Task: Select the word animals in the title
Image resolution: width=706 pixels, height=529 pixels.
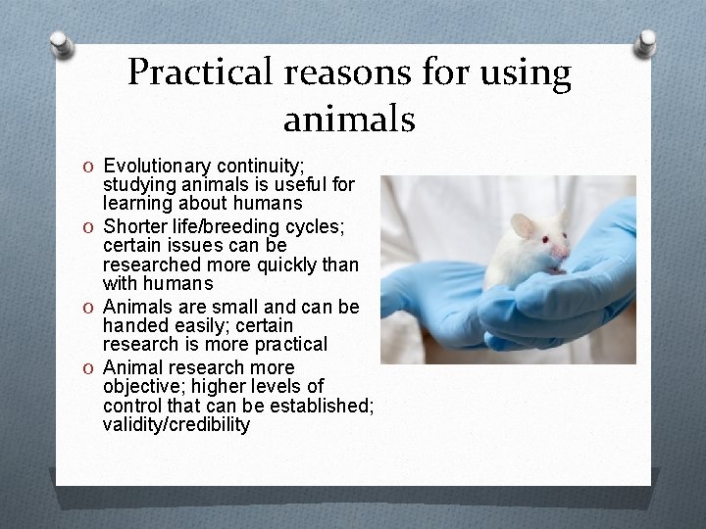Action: pyautogui.click(x=349, y=120)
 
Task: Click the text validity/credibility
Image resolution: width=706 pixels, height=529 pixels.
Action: pyautogui.click(x=176, y=425)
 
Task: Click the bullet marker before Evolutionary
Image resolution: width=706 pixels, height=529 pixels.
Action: pyautogui.click(x=88, y=164)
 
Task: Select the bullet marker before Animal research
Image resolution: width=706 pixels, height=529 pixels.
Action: pyautogui.click(x=88, y=366)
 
